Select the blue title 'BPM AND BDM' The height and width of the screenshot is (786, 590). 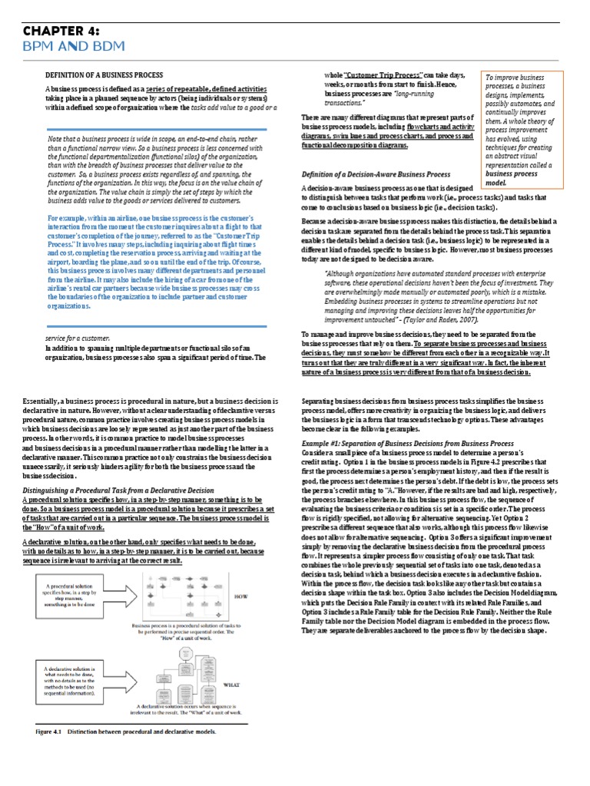click(x=60, y=48)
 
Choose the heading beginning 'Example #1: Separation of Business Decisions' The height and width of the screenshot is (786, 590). click(x=407, y=444)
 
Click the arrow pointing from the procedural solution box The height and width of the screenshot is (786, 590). click(x=126, y=593)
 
